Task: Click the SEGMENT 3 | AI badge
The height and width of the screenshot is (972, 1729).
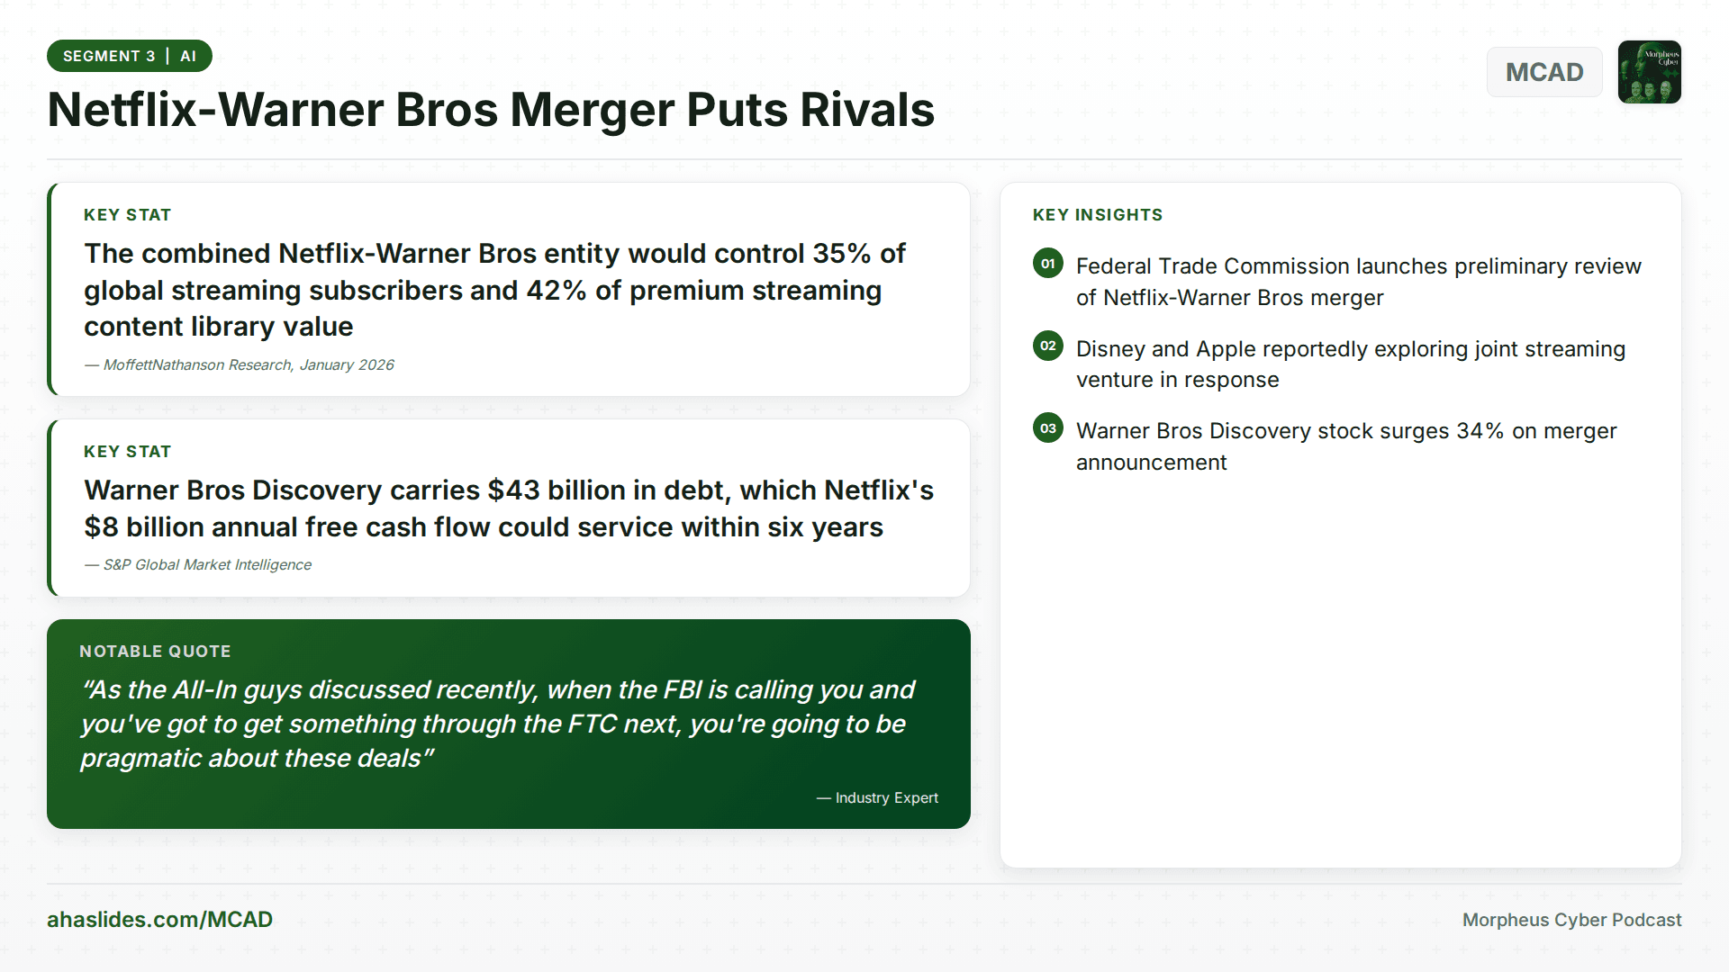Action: point(129,56)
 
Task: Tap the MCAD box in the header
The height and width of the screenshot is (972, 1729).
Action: point(1543,72)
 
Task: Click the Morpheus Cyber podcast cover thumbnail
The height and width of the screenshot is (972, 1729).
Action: point(1649,72)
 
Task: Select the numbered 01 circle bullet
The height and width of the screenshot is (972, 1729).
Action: point(1047,264)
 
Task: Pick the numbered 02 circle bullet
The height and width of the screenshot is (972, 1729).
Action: point(1047,346)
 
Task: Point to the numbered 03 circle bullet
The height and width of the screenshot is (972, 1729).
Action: point(1047,428)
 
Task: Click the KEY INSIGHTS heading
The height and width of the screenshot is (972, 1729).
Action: point(1097,215)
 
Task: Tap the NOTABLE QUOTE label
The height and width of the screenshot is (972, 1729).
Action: point(155,652)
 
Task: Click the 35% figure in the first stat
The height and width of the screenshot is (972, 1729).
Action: point(841,254)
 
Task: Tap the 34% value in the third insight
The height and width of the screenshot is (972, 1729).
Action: point(1480,431)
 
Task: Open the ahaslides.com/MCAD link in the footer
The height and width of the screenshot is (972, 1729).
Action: point(159,920)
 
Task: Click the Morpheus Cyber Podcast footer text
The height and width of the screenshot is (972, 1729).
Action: point(1571,920)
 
